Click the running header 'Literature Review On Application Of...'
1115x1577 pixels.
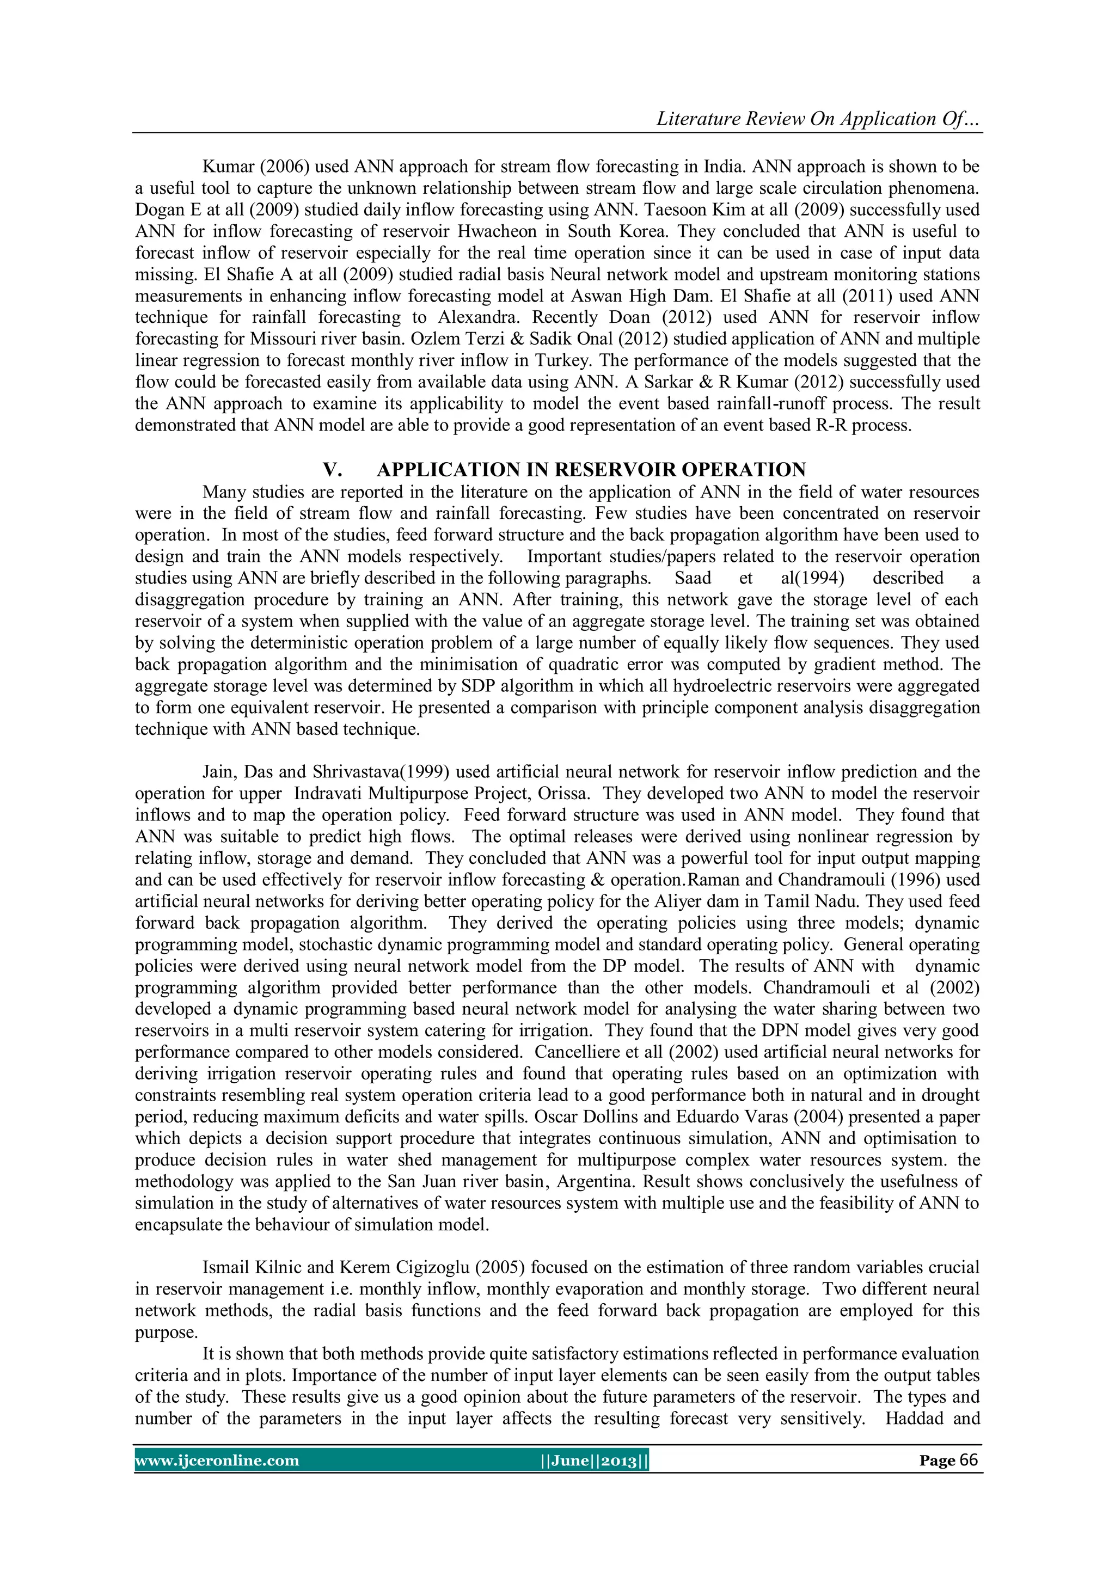pos(818,119)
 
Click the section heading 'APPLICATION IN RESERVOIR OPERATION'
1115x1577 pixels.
pos(591,470)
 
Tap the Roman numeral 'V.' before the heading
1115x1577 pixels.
pos(333,470)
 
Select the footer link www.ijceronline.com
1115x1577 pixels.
pos(217,1461)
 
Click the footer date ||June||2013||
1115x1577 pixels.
pos(595,1461)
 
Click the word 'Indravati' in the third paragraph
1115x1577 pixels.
pos(328,793)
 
